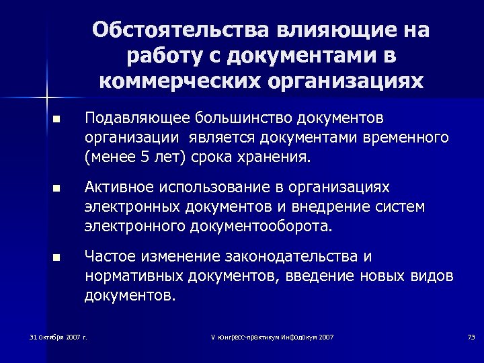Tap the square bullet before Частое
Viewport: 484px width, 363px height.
(56, 257)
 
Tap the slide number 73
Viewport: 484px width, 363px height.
(471, 336)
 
